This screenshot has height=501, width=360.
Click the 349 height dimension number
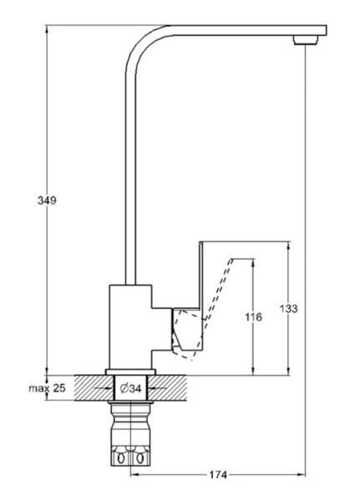click(47, 200)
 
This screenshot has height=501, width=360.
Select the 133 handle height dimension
click(289, 309)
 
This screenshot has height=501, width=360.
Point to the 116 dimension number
click(254, 317)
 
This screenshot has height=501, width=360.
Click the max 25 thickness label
click(47, 388)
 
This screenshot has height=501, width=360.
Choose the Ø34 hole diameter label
click(131, 388)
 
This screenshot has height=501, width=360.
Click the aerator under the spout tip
click(306, 40)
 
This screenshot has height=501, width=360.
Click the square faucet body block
click(130, 326)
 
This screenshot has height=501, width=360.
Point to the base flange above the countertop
click(130, 372)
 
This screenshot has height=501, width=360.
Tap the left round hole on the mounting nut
click(121, 459)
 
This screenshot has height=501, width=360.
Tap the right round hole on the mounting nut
click(139, 459)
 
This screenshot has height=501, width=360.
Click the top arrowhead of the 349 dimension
click(48, 29)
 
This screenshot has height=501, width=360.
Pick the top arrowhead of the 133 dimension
click(289, 245)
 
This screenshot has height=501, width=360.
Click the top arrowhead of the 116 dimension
click(253, 262)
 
